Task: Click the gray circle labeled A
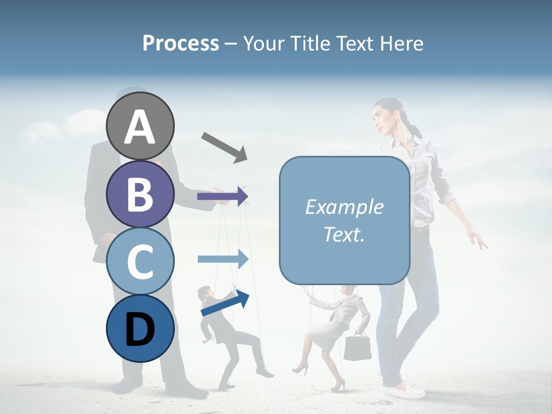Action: tap(140, 126)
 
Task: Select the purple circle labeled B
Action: tap(140, 194)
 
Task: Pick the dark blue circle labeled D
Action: tap(140, 328)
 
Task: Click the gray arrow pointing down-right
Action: tap(224, 147)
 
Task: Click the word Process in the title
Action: tap(181, 43)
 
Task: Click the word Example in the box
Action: tap(344, 207)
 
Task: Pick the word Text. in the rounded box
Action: tap(344, 234)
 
